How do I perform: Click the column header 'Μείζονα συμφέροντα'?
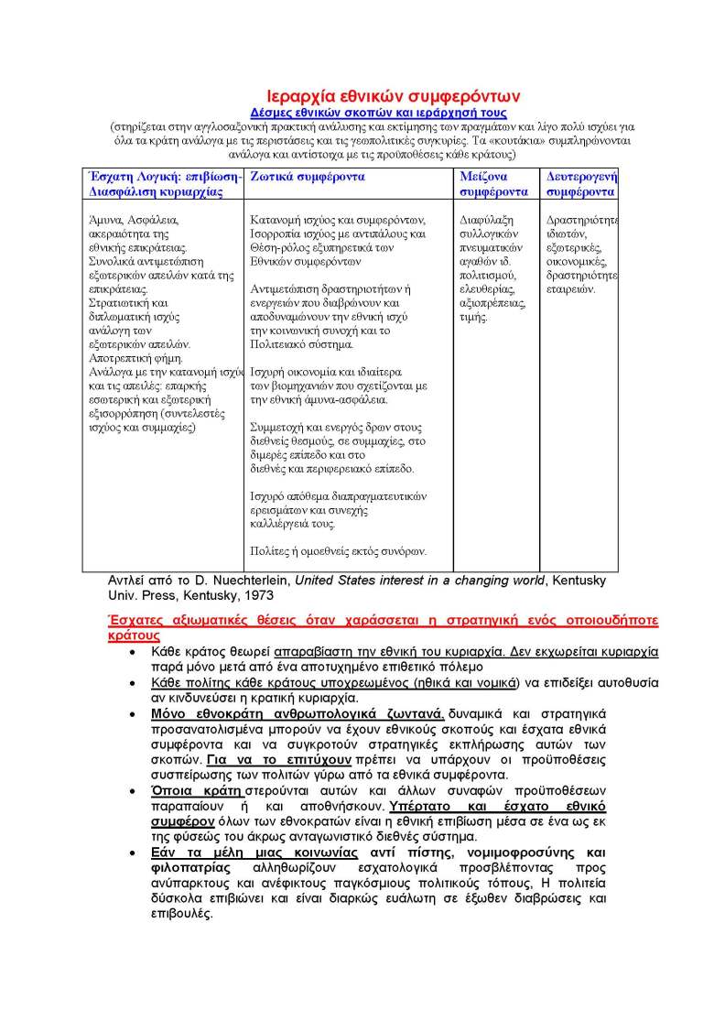pos(493,184)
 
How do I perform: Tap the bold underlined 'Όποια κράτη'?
pos(190,790)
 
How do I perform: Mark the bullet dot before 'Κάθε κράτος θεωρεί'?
pos(134,652)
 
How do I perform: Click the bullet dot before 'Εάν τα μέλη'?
pos(134,852)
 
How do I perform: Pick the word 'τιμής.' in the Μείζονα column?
pos(474,318)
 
